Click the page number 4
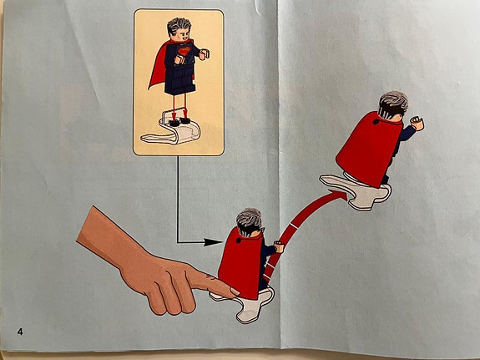(20, 332)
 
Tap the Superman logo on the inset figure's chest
(183, 52)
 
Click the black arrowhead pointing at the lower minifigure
(213, 242)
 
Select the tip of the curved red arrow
(346, 195)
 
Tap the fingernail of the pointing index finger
(235, 291)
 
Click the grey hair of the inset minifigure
(179, 26)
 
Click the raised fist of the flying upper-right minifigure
(417, 123)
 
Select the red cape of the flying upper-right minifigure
(369, 150)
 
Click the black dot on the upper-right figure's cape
(376, 122)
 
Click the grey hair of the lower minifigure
(250, 217)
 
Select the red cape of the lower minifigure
(240, 263)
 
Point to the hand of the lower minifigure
(279, 247)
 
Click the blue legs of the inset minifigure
(179, 79)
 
